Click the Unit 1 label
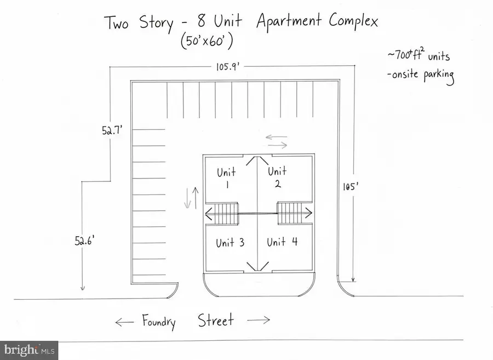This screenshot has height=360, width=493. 226,178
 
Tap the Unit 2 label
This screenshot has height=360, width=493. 277,177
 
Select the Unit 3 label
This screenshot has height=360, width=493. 230,242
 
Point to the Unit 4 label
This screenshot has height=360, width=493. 282,242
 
